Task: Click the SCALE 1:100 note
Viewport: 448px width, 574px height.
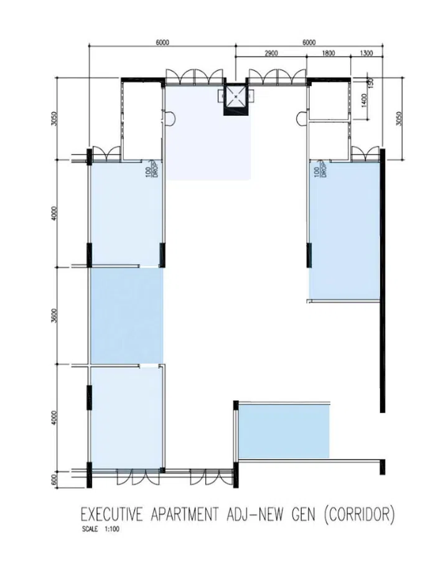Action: pos(98,530)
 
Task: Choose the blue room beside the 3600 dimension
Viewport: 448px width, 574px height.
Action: pos(126,316)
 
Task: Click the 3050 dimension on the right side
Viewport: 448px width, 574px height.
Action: pos(399,118)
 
